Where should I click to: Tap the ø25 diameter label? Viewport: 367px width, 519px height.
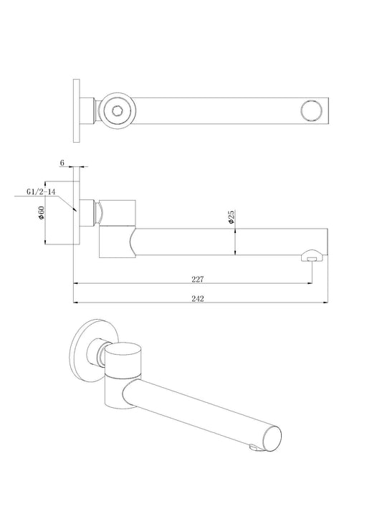232,219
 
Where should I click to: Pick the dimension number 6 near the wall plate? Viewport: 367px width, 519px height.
62,163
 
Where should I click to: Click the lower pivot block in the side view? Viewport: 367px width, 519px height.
115,242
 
